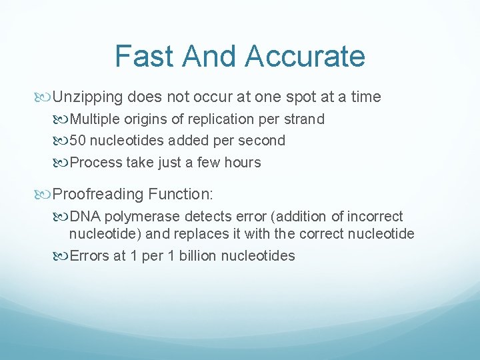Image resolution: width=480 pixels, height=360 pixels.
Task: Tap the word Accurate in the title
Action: click(305, 56)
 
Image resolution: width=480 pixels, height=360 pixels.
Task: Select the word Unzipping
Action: click(88, 97)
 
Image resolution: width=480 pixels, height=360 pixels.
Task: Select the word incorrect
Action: click(373, 217)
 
